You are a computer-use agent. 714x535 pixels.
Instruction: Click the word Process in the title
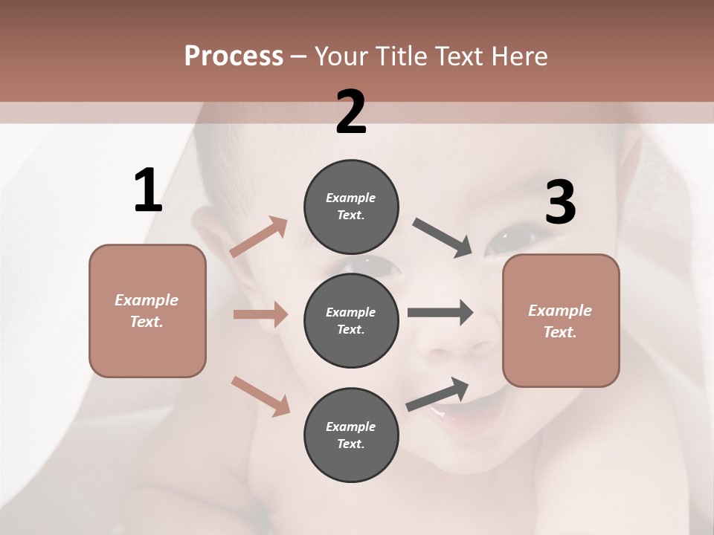[234, 56]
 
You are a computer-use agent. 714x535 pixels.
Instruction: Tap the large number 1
[148, 191]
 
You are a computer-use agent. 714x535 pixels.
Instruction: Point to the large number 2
[351, 112]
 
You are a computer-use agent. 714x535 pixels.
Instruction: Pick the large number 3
[560, 203]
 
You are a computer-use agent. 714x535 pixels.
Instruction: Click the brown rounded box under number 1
[147, 311]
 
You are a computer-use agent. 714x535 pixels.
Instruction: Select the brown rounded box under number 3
[561, 321]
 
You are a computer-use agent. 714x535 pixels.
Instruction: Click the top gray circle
[351, 207]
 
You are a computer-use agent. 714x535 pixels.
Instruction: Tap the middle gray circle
[351, 321]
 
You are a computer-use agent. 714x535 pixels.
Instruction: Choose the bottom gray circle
[351, 435]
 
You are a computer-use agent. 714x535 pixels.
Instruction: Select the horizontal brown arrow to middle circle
[260, 314]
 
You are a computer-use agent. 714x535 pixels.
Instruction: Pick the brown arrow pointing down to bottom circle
[260, 396]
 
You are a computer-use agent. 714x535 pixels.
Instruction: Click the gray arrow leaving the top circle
[443, 238]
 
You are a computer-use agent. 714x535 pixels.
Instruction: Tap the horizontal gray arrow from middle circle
[440, 313]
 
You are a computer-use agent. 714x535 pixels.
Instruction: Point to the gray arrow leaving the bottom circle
[437, 394]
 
